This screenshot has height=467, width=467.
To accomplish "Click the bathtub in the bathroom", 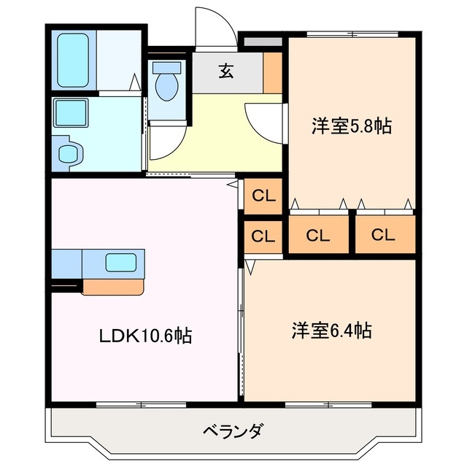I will point(72,59).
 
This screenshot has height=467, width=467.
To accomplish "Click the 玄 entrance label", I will point(226,71).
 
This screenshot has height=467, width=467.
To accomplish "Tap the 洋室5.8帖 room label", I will point(352,126).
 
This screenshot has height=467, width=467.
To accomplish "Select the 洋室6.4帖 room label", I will point(333,331).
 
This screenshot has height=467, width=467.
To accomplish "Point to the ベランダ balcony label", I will point(232,430).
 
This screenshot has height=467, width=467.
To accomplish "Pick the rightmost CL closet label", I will point(384,236).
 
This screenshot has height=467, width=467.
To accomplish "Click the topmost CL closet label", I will point(263,196).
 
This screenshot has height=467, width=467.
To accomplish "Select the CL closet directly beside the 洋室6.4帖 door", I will point(263,236).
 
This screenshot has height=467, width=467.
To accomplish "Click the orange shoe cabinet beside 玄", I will point(273,72).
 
